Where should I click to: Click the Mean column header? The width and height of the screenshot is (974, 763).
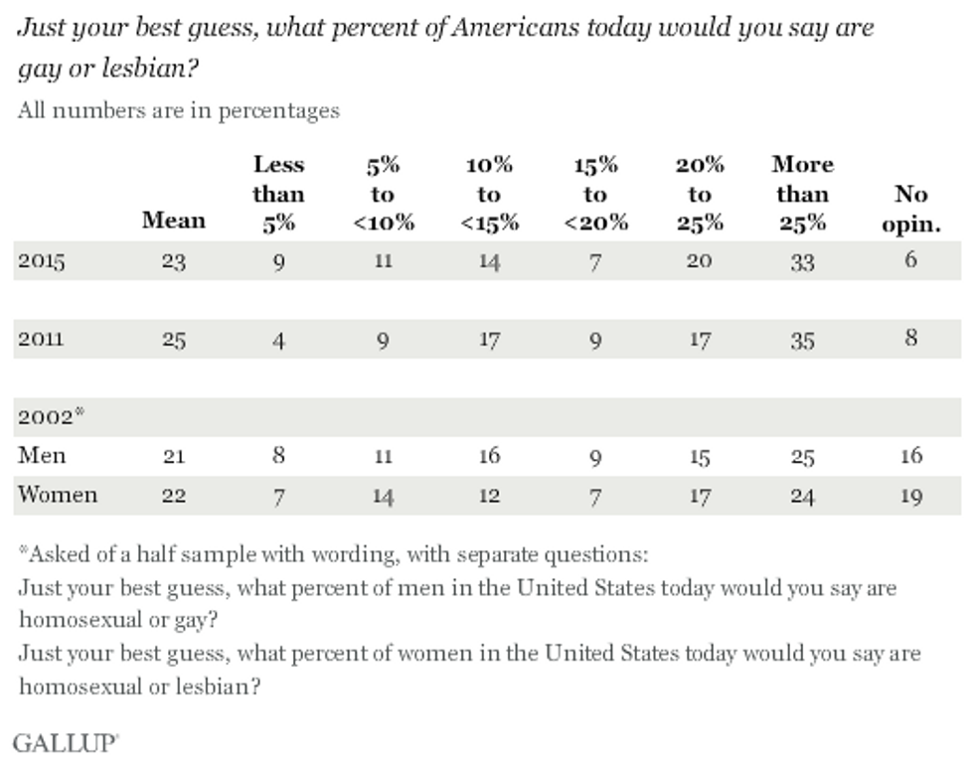(174, 221)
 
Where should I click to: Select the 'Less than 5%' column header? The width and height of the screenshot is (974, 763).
(278, 194)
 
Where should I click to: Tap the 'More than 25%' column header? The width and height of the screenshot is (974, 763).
(802, 194)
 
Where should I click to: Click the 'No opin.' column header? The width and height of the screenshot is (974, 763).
(910, 209)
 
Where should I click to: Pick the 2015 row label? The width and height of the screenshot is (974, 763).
(41, 262)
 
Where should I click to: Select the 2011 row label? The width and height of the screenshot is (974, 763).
(41, 339)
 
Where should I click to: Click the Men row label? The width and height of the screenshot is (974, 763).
(42, 455)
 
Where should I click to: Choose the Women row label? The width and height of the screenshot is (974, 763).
(59, 494)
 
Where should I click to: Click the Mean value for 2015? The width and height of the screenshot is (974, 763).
(174, 263)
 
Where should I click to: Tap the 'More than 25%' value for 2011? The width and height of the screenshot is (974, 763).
(802, 340)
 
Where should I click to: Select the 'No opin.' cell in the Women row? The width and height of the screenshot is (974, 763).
(911, 495)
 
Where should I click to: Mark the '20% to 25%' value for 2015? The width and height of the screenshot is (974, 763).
(699, 263)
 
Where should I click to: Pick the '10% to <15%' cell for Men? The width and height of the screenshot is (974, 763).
(488, 456)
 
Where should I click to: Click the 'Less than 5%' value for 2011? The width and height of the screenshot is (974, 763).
(279, 340)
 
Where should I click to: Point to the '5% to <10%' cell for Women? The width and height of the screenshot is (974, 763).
(383, 495)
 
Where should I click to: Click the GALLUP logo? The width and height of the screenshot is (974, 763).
(66, 741)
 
